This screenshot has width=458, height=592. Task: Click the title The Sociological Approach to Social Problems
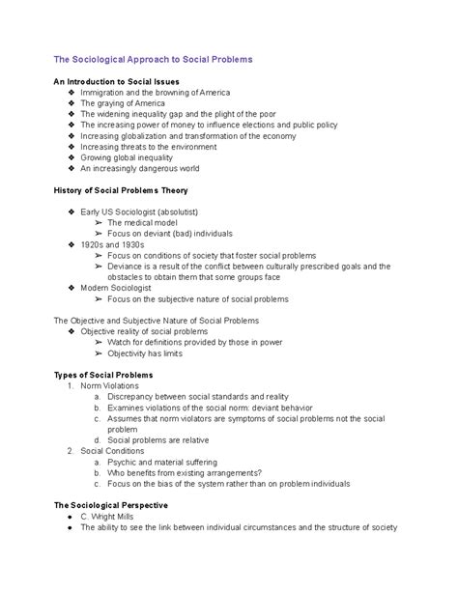click(153, 60)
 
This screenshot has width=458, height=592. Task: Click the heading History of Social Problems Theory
click(127, 189)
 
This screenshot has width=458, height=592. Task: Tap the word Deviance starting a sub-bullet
click(128, 266)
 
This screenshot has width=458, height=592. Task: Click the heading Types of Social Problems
click(102, 375)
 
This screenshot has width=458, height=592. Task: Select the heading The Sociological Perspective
click(111, 505)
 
